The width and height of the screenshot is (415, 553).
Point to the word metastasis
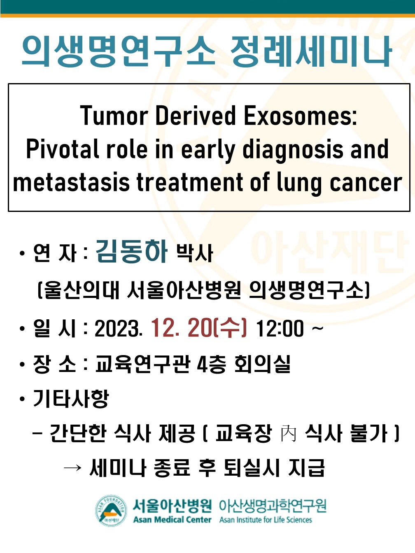71,182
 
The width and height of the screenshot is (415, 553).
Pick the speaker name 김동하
131,251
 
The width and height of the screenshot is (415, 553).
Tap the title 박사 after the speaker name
195,253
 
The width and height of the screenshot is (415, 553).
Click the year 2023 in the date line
119,328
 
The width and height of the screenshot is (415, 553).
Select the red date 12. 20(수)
199,328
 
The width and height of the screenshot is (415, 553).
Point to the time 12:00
280,328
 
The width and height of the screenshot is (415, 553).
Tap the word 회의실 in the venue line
262,364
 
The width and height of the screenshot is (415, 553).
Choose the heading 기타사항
71,399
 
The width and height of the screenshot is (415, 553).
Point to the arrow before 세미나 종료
72,467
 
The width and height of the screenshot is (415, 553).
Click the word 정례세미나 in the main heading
311,51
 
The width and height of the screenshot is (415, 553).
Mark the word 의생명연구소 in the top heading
119,51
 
